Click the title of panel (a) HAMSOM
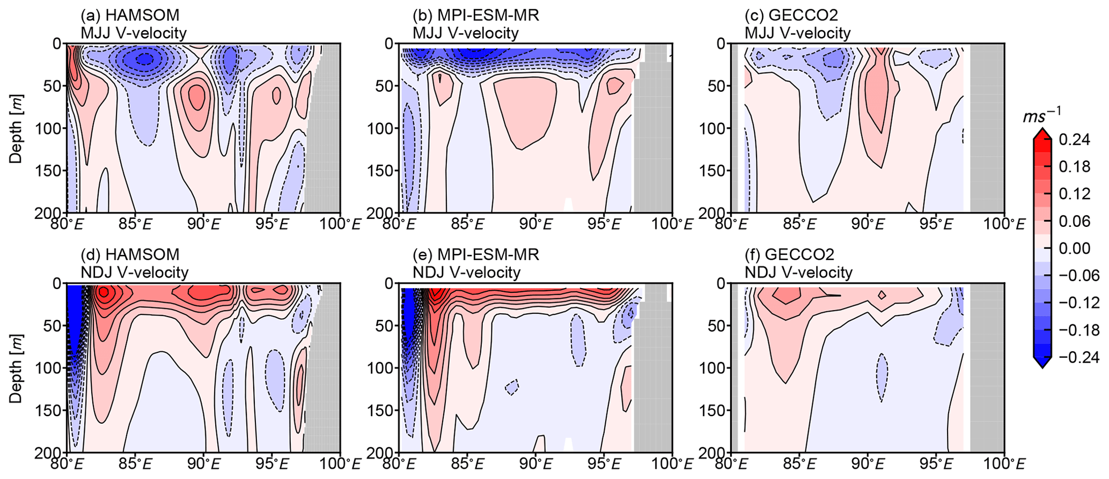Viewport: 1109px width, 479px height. coord(130,15)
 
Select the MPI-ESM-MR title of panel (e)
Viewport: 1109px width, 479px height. coord(475,254)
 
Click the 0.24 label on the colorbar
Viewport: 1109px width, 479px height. coord(1074,140)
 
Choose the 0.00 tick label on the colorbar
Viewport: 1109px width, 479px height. coord(1074,248)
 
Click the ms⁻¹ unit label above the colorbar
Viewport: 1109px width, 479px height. coord(1041,115)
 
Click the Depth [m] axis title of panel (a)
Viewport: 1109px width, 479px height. coord(16,128)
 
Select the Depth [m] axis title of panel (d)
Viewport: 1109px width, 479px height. coord(16,367)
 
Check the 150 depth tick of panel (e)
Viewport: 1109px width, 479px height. coord(383,410)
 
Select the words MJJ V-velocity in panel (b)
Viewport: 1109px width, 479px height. coord(465,33)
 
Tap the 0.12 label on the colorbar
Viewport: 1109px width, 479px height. coord(1074,194)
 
